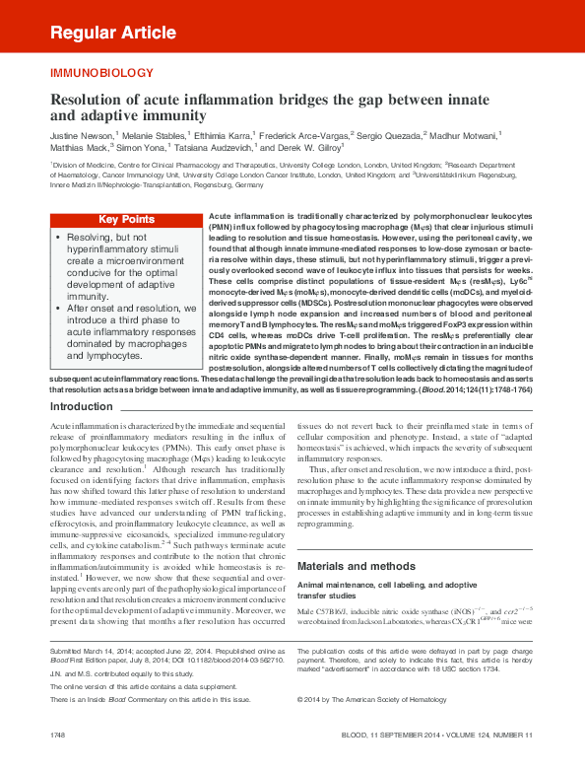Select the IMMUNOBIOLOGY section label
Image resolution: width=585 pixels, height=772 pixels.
pos(101,74)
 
